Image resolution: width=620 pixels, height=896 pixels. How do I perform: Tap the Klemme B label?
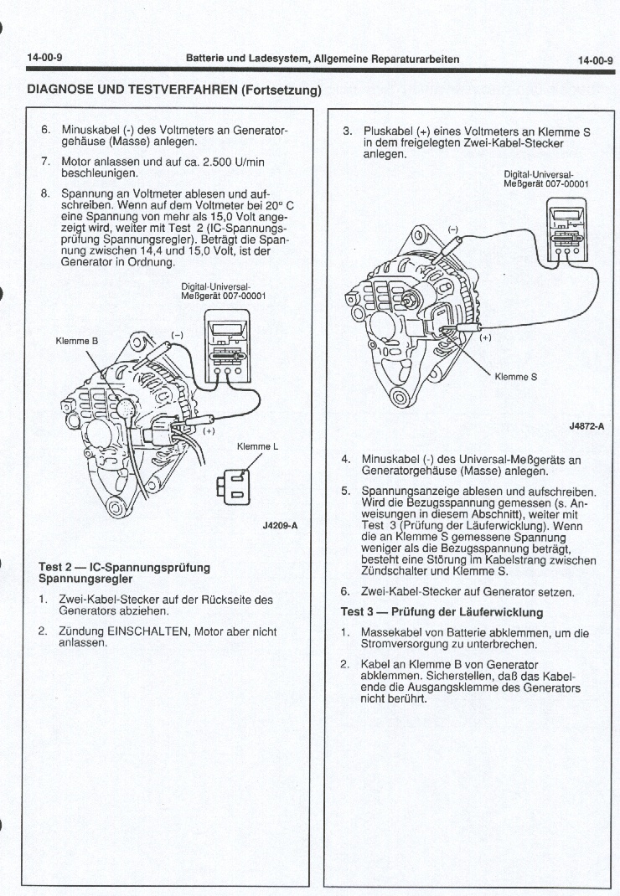(76, 341)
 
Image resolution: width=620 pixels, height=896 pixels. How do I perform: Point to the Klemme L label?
(258, 446)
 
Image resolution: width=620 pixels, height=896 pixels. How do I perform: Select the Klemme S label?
(516, 376)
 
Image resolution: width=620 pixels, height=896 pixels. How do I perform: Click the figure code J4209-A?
(280, 526)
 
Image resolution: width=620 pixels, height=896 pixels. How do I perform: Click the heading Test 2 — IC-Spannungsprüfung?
(125, 568)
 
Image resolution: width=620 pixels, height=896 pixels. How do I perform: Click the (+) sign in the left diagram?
(209, 432)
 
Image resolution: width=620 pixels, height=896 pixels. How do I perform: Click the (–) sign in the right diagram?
(453, 229)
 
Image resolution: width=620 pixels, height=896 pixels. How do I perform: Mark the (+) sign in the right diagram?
(485, 338)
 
